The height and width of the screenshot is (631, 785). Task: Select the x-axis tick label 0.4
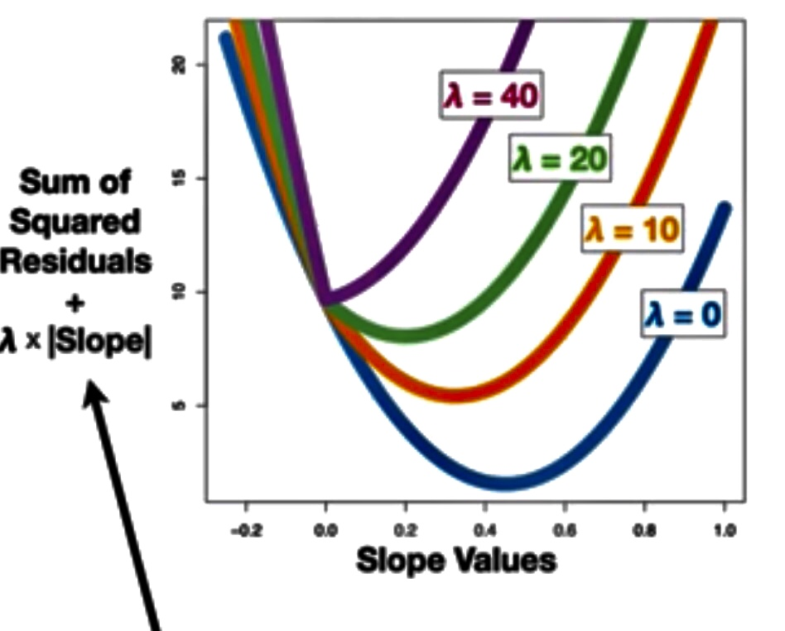point(484,528)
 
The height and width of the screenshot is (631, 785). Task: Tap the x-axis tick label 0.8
point(645,528)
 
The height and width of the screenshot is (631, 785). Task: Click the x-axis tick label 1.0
point(725,528)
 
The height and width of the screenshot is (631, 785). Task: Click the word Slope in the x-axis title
point(401,561)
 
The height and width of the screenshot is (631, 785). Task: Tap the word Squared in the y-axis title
point(80,222)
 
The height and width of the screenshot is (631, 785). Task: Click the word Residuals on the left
point(77,262)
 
